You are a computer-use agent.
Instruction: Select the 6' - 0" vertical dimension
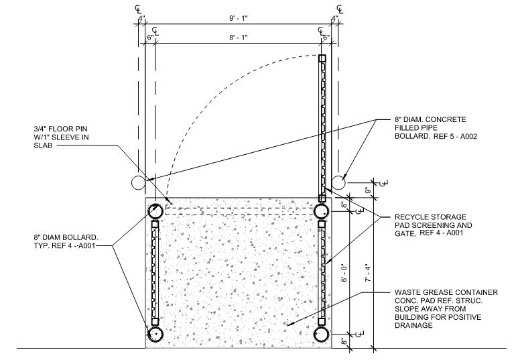(361, 271)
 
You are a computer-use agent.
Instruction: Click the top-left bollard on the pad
(155, 211)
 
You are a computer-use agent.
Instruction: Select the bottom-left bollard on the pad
(155, 333)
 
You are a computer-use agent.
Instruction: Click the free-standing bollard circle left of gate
(139, 182)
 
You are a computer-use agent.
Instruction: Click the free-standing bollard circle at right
(340, 182)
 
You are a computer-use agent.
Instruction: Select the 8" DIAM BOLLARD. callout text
(67, 237)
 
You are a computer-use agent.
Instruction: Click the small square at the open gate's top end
(322, 59)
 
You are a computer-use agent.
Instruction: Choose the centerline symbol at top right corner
(340, 9)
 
